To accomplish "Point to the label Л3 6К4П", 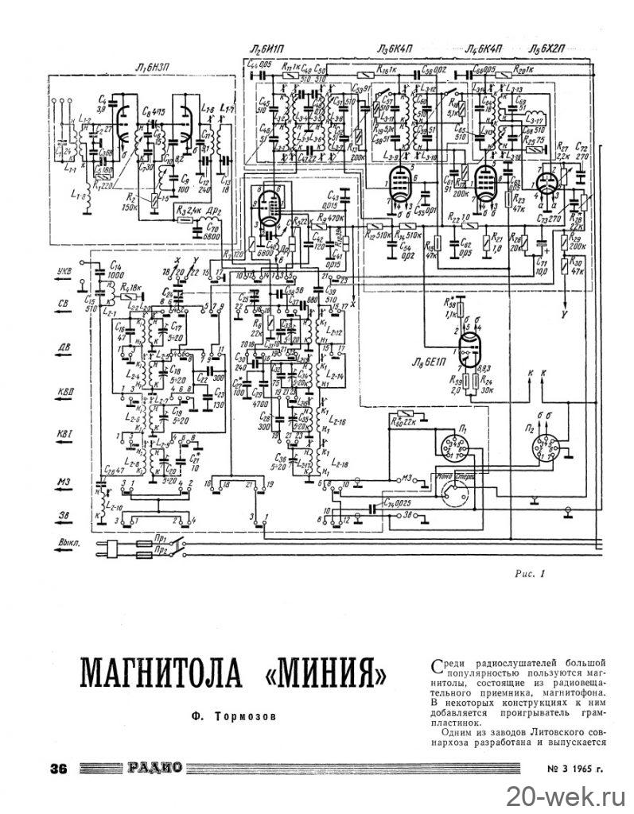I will tap(395, 49).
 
